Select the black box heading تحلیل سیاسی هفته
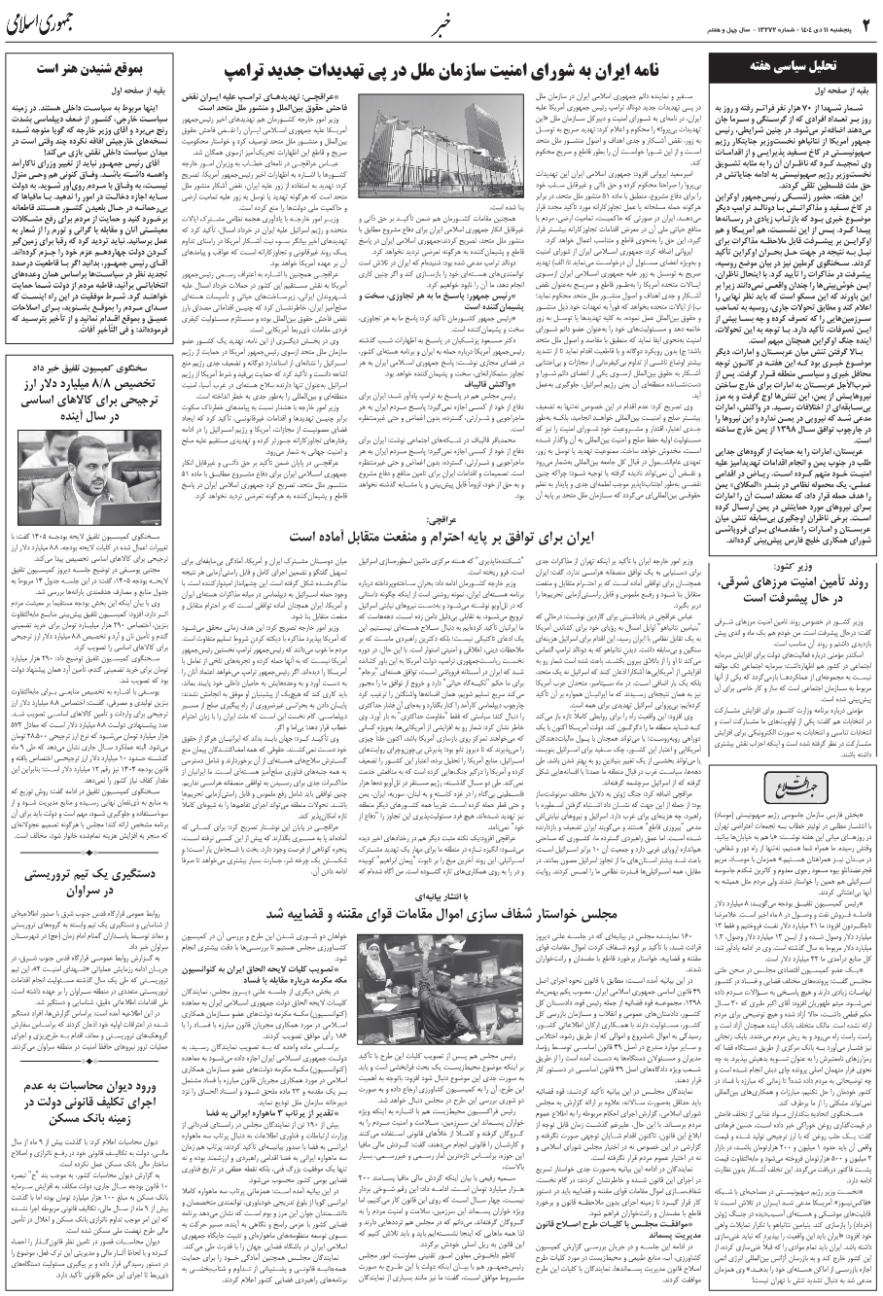pos(784,66)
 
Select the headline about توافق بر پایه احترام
pos(443,535)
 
